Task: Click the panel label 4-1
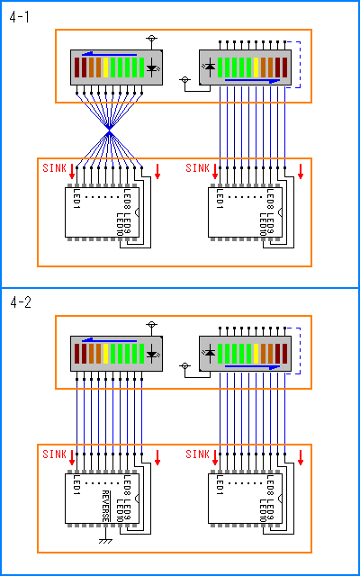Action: pos(19,17)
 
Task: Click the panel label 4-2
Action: pos(21,302)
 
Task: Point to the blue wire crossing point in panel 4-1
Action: pos(109,132)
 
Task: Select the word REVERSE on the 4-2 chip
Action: pos(105,506)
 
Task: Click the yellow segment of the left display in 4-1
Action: pos(106,67)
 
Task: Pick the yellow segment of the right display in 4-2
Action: pos(256,354)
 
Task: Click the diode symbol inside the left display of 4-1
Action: pos(152,67)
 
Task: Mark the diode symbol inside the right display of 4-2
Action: pos(210,354)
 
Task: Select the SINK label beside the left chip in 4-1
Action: pos(54,168)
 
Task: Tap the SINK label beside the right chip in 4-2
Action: pos(198,454)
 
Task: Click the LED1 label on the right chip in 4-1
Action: pos(220,199)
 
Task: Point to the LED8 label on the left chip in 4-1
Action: pos(127,199)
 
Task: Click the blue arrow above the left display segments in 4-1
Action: pos(110,54)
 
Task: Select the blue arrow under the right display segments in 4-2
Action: pos(252,366)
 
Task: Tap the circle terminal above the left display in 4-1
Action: pos(151,38)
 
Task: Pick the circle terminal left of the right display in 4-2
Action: pos(184,366)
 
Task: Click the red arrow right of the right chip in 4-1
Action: pos(301,172)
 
